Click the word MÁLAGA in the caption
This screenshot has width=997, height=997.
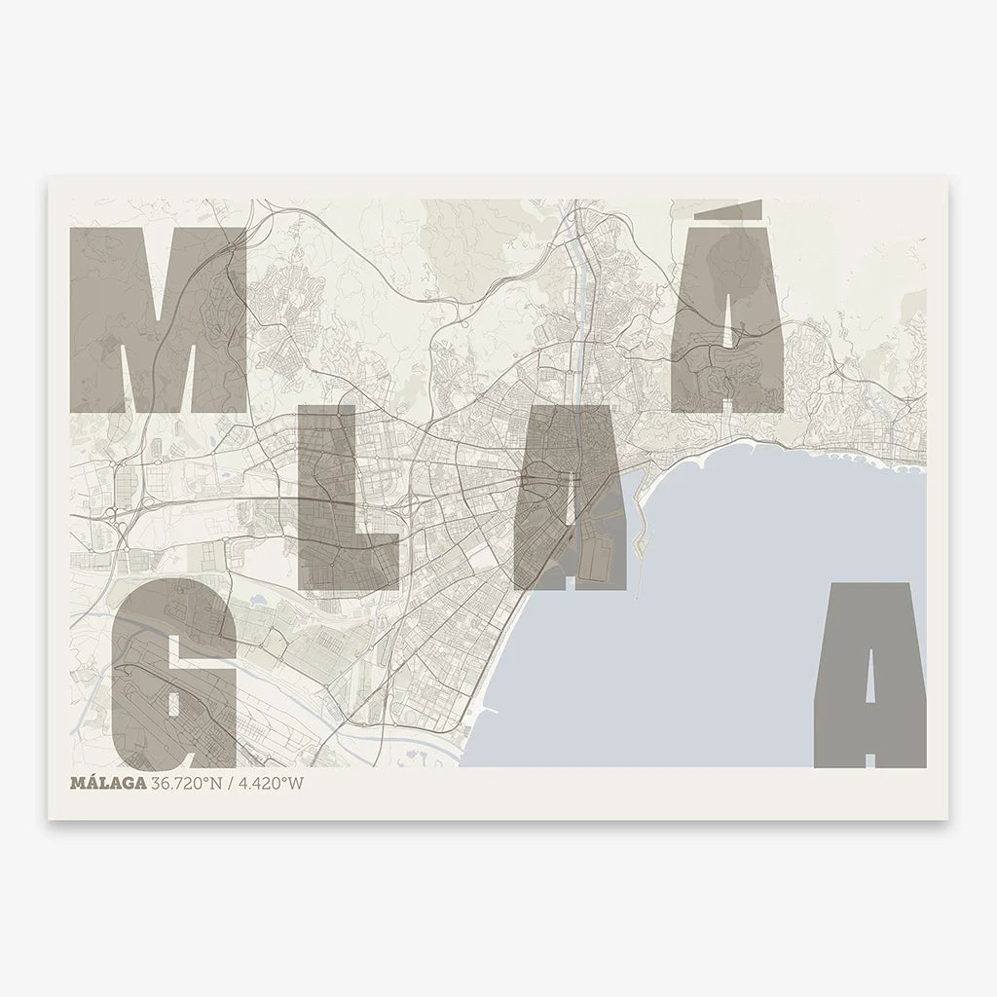coord(109,783)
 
